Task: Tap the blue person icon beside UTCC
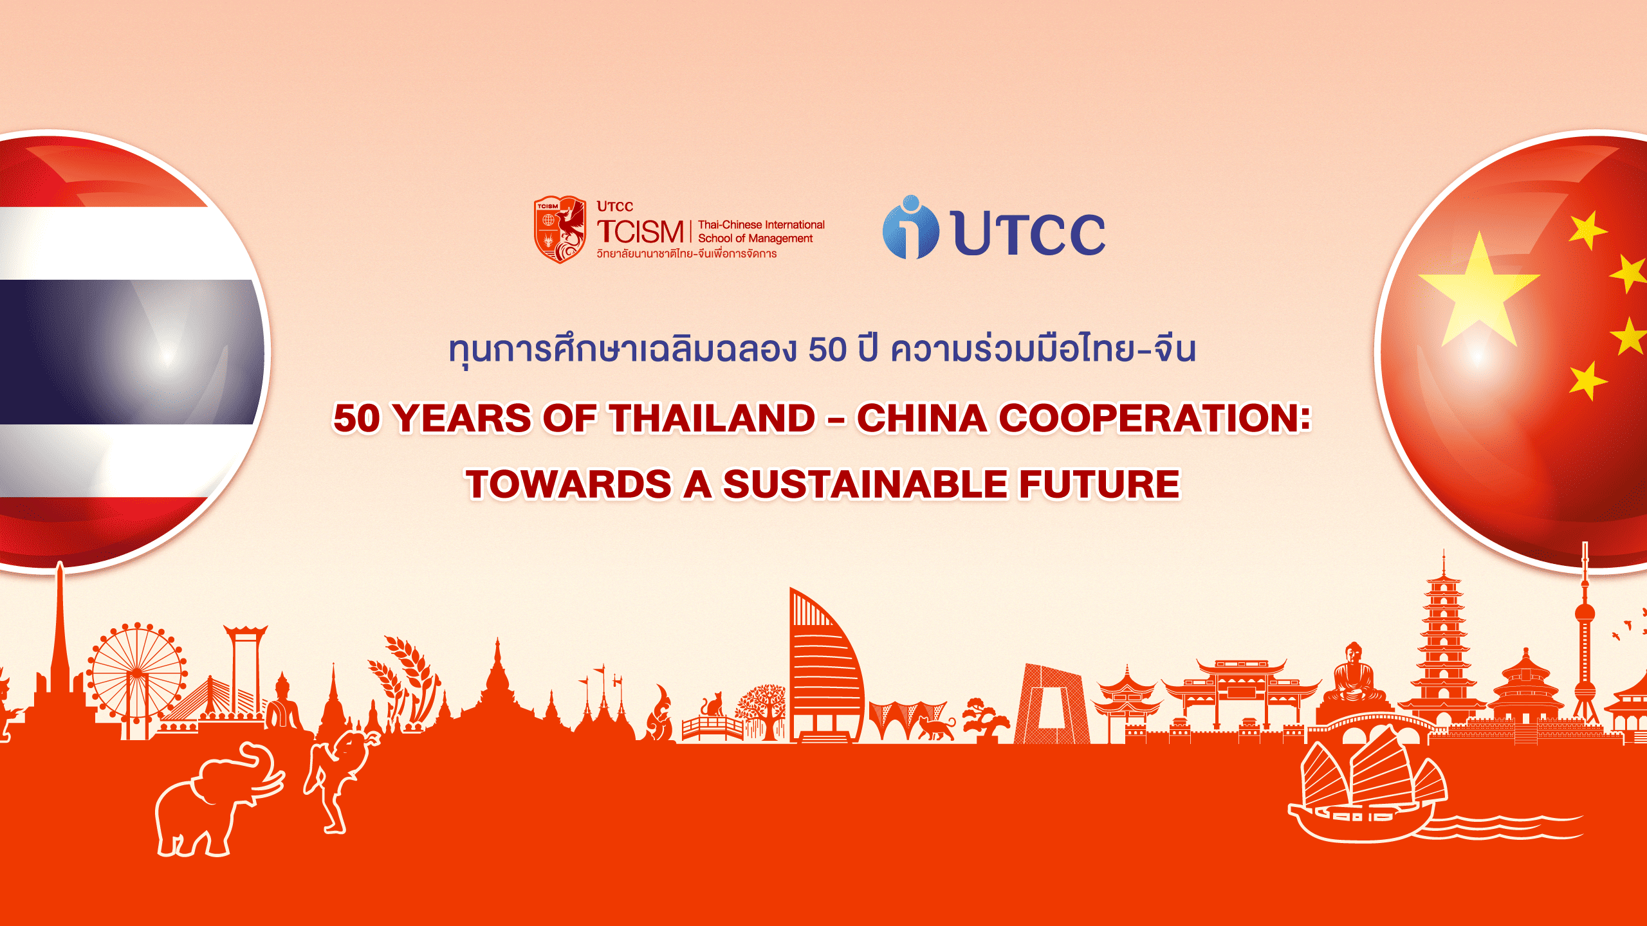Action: pos(910,228)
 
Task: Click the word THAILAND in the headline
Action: pos(712,418)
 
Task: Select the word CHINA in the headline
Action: pos(921,418)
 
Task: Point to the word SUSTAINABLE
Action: pos(865,484)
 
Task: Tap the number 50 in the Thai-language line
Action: pos(827,350)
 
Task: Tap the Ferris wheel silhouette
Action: pos(136,672)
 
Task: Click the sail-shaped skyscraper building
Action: pos(823,669)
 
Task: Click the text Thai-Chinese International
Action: pos(760,224)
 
